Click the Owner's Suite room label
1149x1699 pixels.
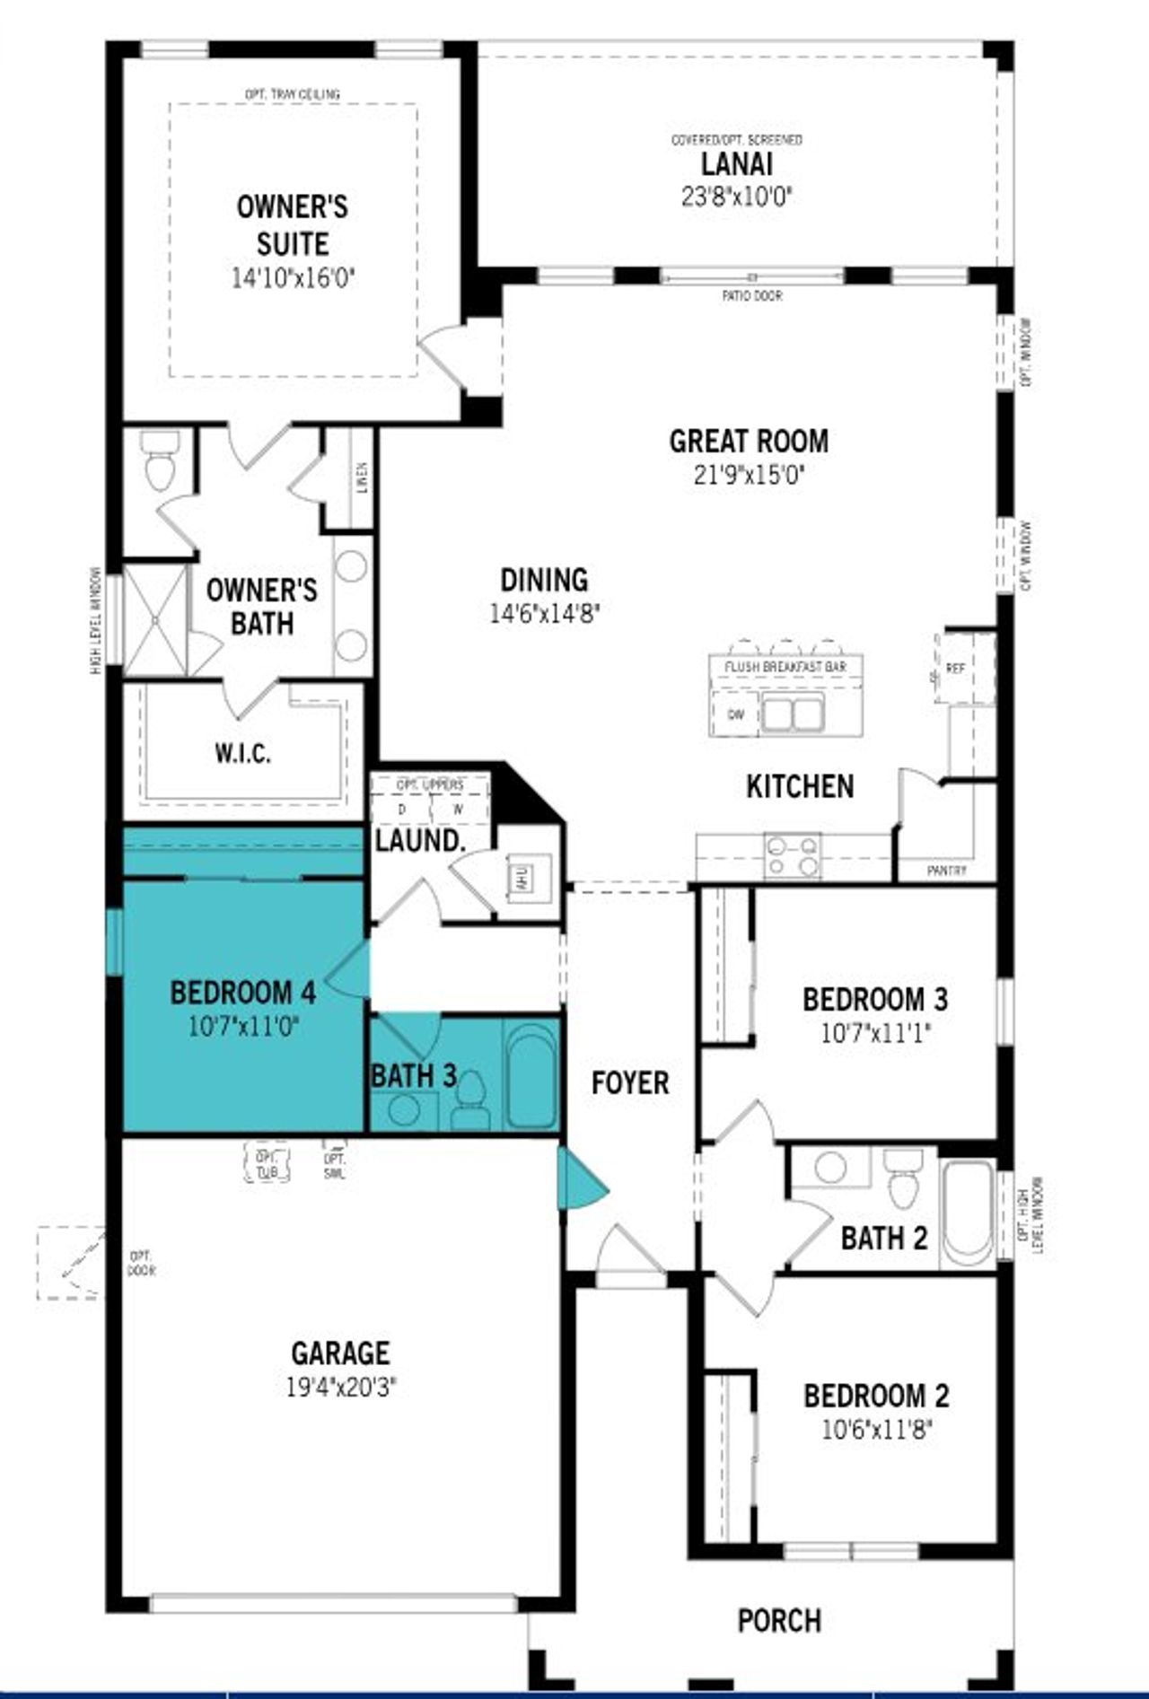pyautogui.click(x=293, y=224)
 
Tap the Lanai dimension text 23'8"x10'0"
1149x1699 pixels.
pyautogui.click(x=736, y=196)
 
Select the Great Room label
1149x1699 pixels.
pyautogui.click(x=749, y=441)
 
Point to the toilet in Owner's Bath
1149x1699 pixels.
pyautogui.click(x=162, y=461)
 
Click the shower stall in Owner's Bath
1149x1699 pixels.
pyautogui.click(x=156, y=620)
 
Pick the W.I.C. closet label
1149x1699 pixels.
pyautogui.click(x=242, y=752)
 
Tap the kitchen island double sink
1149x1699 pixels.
pyautogui.click(x=793, y=714)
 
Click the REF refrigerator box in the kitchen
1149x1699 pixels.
pyautogui.click(x=956, y=669)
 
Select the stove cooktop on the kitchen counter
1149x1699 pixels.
pyautogui.click(x=792, y=855)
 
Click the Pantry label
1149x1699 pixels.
pyautogui.click(x=947, y=871)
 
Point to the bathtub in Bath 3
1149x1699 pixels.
pyautogui.click(x=531, y=1074)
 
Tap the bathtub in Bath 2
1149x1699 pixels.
pyautogui.click(x=967, y=1215)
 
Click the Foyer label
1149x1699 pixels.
pyautogui.click(x=630, y=1082)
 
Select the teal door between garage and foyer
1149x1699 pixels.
pyautogui.click(x=579, y=1186)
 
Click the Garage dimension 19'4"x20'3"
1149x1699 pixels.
pyautogui.click(x=340, y=1388)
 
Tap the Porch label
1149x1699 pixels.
pyautogui.click(x=779, y=1620)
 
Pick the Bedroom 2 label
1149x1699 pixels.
pyautogui.click(x=876, y=1396)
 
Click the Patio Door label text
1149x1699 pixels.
pyautogui.click(x=751, y=295)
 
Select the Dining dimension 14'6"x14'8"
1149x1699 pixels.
pyautogui.click(x=544, y=614)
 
